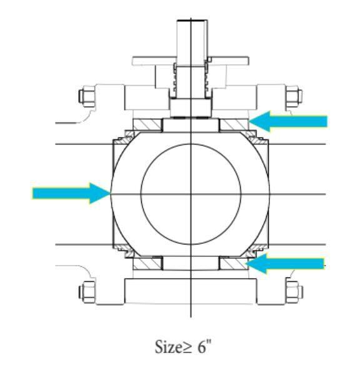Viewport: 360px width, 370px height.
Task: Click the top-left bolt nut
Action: [86, 97]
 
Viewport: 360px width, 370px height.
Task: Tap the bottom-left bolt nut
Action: [86, 291]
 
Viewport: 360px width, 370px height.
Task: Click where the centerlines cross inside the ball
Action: [191, 194]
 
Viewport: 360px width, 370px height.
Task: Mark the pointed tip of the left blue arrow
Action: [109, 193]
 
